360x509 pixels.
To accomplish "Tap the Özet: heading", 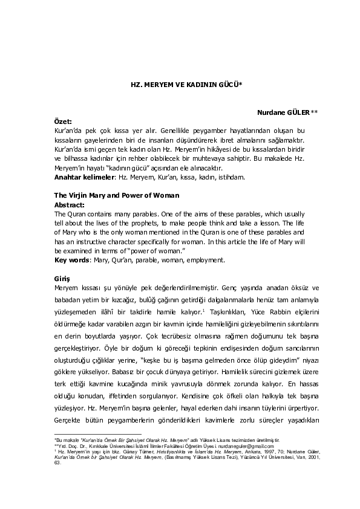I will (63, 122).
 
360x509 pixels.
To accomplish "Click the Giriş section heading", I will (62, 278).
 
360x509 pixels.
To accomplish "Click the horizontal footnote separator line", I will (89, 434).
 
